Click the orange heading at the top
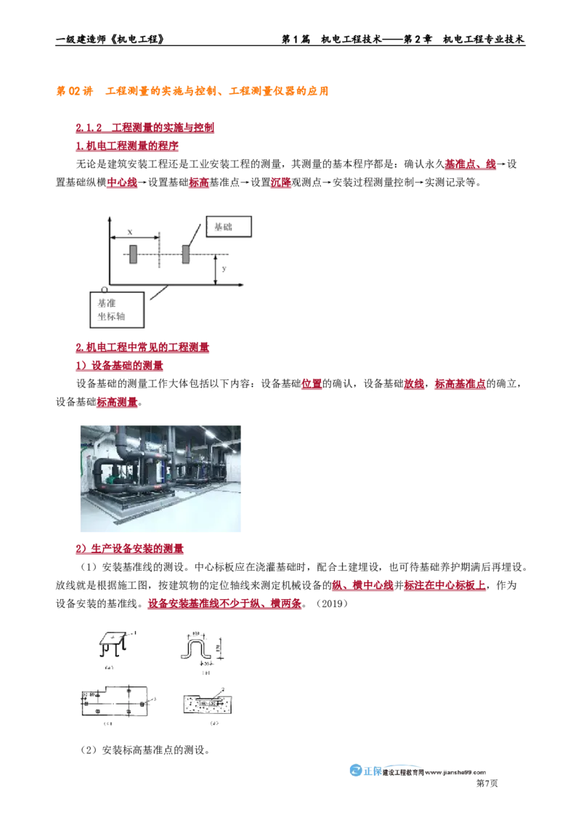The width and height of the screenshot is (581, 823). click(x=192, y=92)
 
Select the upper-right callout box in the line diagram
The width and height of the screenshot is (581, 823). click(x=230, y=227)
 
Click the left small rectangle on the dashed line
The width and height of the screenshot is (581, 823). click(x=134, y=253)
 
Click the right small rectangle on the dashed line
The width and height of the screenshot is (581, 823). click(x=186, y=253)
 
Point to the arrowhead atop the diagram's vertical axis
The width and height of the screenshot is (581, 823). click(x=109, y=217)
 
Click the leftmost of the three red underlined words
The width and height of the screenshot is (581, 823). click(x=121, y=183)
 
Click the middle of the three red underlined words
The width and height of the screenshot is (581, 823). click(x=198, y=183)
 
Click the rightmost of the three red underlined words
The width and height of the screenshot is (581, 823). click(x=280, y=183)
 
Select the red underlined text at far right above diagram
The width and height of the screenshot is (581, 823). click(x=470, y=166)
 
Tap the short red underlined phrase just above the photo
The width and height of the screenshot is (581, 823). click(x=116, y=402)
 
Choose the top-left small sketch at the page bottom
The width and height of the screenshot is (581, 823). click(x=114, y=643)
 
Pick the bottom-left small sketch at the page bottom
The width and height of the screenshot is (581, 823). click(x=114, y=702)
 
